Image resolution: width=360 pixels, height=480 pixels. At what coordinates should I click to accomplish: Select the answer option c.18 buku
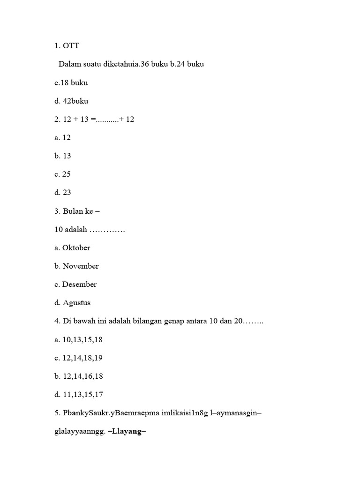pyautogui.click(x=71, y=82)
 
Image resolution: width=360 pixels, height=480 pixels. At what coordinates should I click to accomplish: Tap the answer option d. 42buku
pyautogui.click(x=72, y=101)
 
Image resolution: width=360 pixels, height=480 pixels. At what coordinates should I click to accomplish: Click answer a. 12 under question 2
pyautogui.click(x=62, y=137)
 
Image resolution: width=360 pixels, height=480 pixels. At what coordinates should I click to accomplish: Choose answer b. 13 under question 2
pyautogui.click(x=63, y=156)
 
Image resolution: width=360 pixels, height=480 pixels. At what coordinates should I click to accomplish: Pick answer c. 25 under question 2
pyautogui.click(x=62, y=174)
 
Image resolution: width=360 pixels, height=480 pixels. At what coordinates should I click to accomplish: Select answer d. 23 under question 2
pyautogui.click(x=63, y=192)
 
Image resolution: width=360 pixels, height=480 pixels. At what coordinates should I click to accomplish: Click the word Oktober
pyautogui.click(x=76, y=247)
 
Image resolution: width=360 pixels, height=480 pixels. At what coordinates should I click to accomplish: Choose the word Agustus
pyautogui.click(x=76, y=302)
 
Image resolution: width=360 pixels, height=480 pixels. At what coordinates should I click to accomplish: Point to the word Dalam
pyautogui.click(x=69, y=64)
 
